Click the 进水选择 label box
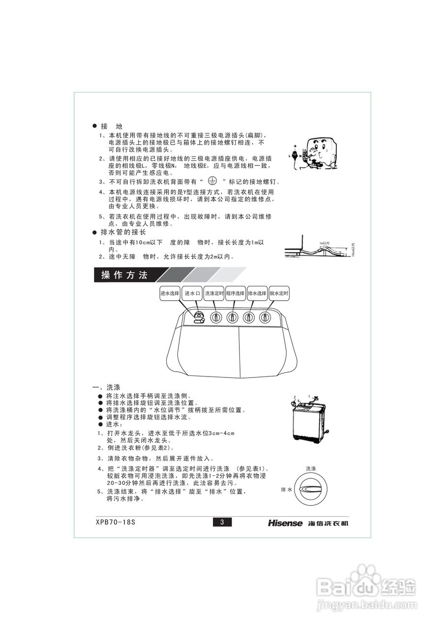click(170, 293)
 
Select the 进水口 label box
click(192, 293)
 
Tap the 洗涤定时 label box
click(214, 293)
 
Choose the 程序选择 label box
click(235, 293)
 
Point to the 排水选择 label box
click(257, 293)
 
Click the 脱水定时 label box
click(278, 293)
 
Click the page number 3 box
click(222, 523)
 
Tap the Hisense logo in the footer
click(285, 523)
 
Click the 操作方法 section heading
click(124, 275)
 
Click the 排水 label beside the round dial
click(287, 490)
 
